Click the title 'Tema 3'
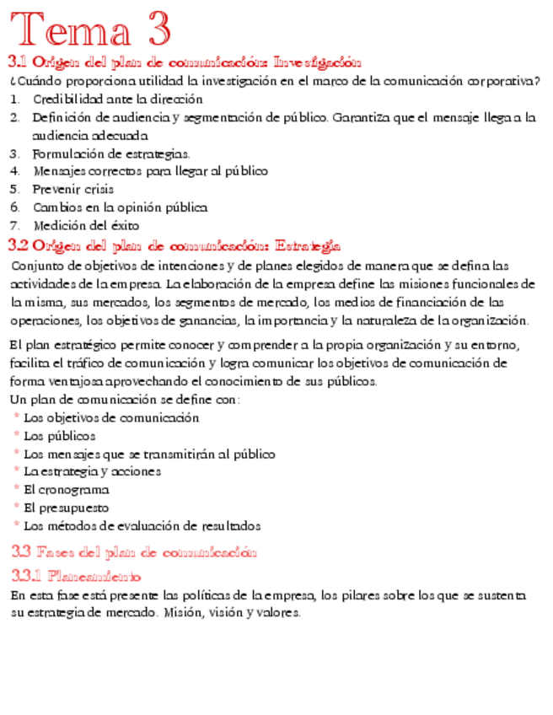pyautogui.click(x=90, y=30)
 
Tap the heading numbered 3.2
pyautogui.click(x=174, y=245)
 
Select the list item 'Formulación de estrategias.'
pyautogui.click(x=111, y=153)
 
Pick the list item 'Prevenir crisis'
pyautogui.click(x=73, y=189)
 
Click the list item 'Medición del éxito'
pyautogui.click(x=87, y=225)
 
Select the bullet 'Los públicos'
pyautogui.click(x=59, y=436)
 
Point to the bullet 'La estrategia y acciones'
pyautogui.click(x=92, y=471)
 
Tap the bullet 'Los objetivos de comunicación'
pyautogui.click(x=111, y=417)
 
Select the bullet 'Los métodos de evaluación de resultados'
pyautogui.click(x=142, y=525)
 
